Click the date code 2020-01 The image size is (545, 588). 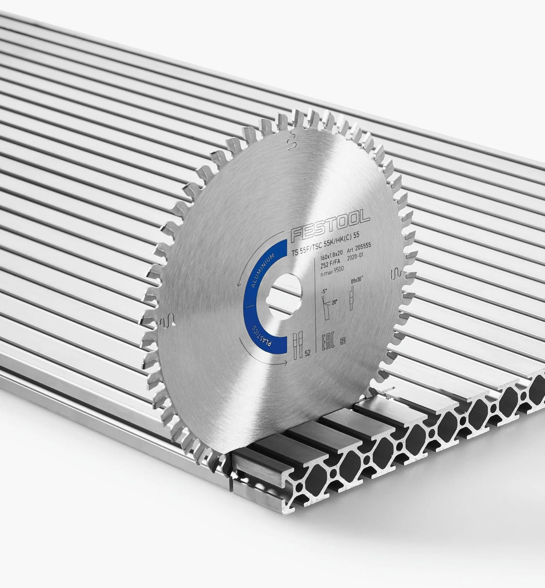pos(355,257)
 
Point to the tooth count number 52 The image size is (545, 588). pos(308,354)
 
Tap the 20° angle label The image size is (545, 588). pos(334,302)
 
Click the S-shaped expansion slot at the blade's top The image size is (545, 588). pos(290,141)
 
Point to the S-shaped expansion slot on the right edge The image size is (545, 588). pos(396,274)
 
